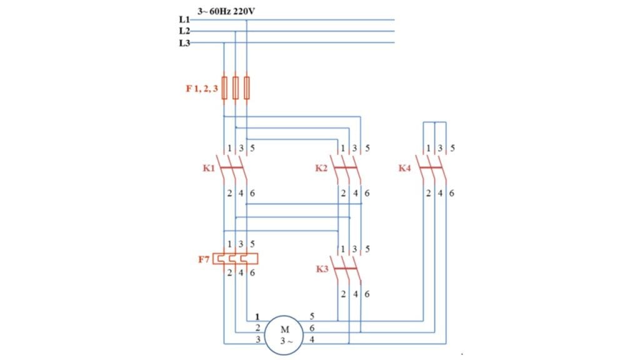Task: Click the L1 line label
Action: pyautogui.click(x=184, y=19)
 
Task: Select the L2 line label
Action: pyautogui.click(x=184, y=31)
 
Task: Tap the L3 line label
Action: pyautogui.click(x=184, y=42)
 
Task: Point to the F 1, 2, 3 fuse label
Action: pyautogui.click(x=202, y=89)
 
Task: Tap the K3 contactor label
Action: pyautogui.click(x=321, y=269)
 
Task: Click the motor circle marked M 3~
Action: pyautogui.click(x=283, y=335)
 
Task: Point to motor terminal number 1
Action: pyautogui.click(x=257, y=316)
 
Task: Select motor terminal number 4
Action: pyautogui.click(x=312, y=339)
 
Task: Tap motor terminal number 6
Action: pyautogui.click(x=312, y=328)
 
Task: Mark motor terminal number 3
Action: pyautogui.click(x=257, y=339)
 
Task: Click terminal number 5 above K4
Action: pyautogui.click(x=452, y=148)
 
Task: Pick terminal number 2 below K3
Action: pyautogui.click(x=343, y=294)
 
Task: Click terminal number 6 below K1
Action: pyautogui.click(x=252, y=193)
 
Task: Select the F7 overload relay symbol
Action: pyautogui.click(x=236, y=258)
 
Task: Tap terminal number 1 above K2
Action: pyautogui.click(x=343, y=148)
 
